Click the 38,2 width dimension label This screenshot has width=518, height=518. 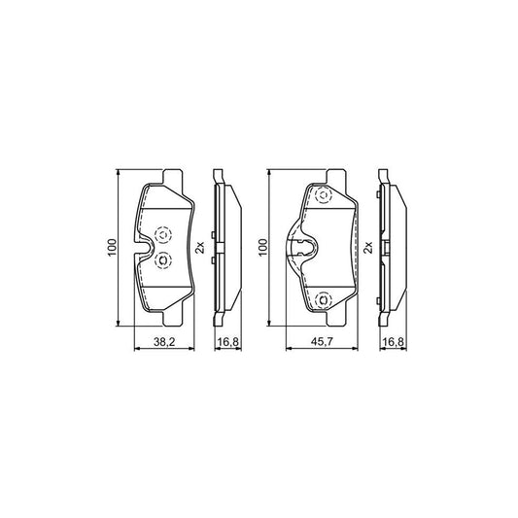tap(164, 342)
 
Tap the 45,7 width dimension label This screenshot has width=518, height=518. tap(322, 342)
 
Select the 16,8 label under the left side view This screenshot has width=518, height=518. tap(228, 342)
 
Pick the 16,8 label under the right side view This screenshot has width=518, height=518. tap(393, 342)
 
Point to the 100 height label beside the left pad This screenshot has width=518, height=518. tap(112, 248)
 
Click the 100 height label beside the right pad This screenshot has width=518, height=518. tap(262, 248)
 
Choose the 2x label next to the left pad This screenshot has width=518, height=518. tap(200, 248)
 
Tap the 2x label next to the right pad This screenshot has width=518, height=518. tap(367, 248)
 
